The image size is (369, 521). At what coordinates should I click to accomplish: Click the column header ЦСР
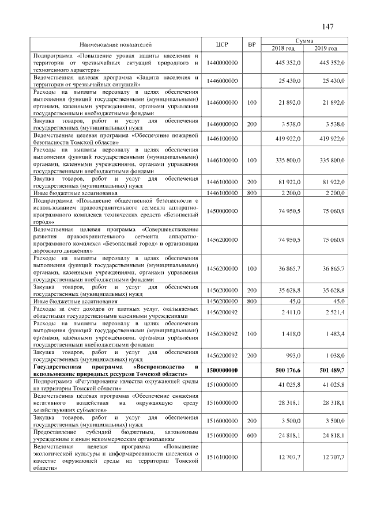tap(222, 44)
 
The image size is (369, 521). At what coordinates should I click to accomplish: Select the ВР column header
tap(251, 44)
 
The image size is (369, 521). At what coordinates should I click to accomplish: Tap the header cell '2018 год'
tap(283, 48)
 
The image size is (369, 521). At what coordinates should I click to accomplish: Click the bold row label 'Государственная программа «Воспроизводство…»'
tap(116, 370)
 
